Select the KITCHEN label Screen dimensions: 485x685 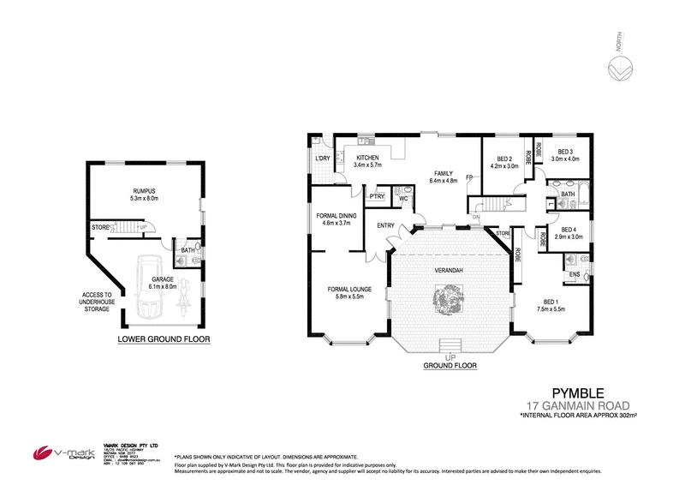(367, 158)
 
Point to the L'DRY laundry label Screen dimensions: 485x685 (323, 159)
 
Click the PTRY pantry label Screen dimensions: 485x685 (375, 197)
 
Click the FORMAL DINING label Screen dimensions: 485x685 (336, 218)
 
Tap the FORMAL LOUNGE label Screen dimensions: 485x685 (348, 289)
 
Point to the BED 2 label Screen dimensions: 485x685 (504, 159)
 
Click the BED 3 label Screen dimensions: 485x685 (566, 153)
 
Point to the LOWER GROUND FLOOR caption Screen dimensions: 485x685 (164, 339)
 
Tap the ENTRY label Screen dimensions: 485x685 (385, 226)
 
